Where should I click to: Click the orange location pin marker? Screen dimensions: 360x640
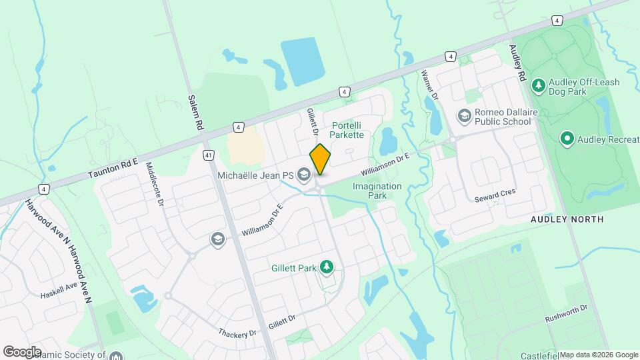[320, 159]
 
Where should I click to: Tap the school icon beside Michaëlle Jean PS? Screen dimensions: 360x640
[304, 175]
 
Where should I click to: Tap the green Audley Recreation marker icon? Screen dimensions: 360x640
[567, 139]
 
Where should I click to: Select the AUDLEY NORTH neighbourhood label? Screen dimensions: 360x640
[567, 219]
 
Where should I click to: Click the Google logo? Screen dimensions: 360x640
[22, 351]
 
